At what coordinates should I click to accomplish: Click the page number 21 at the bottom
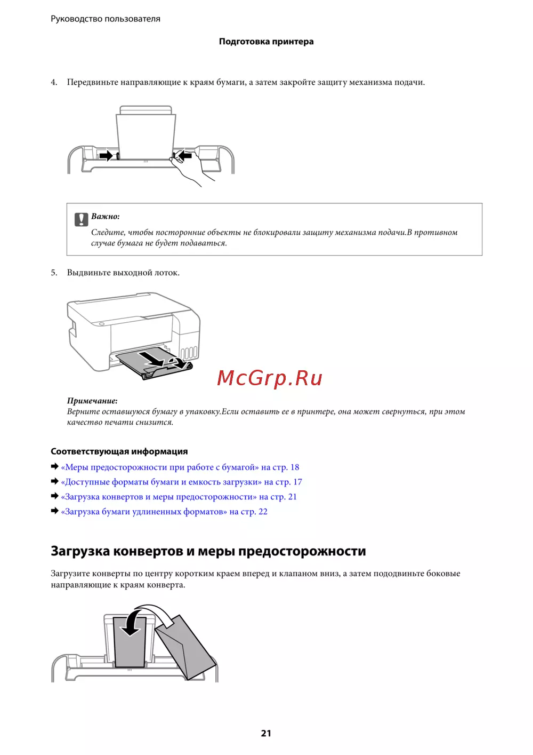click(265, 733)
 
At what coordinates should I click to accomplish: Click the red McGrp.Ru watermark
click(269, 378)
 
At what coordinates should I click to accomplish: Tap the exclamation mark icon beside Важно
click(81, 219)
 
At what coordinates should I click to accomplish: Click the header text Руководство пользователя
click(106, 19)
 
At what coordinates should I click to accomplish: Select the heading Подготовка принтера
click(266, 42)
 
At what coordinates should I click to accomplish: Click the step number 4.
click(54, 82)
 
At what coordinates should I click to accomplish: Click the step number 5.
click(54, 273)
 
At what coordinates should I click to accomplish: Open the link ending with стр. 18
click(180, 467)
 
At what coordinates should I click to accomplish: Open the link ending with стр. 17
click(181, 482)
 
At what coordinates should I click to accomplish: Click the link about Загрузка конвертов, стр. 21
click(179, 497)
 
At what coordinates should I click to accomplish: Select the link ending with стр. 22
click(164, 512)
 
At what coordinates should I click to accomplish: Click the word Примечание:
click(92, 401)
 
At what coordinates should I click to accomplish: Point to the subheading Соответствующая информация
click(119, 451)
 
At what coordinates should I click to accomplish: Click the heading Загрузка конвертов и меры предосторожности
click(208, 551)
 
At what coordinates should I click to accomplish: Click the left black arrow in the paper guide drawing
click(106, 156)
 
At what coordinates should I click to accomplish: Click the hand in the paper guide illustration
click(190, 169)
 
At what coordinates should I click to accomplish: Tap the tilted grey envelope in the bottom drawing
click(185, 647)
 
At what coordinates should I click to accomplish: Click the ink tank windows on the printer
click(189, 353)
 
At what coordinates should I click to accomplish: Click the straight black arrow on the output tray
click(151, 359)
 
